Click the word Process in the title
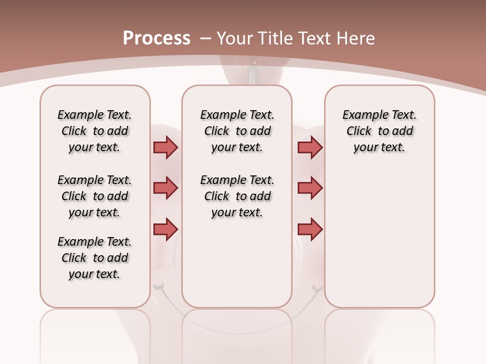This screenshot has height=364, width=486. click(156, 38)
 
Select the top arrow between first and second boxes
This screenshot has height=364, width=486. click(166, 148)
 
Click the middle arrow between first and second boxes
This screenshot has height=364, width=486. click(166, 188)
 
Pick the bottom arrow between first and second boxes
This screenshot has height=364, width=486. click(166, 229)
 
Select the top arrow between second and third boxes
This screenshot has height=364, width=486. click(310, 148)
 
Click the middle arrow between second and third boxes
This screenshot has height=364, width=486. click(310, 188)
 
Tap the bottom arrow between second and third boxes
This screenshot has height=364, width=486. click(310, 229)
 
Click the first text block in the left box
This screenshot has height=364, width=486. click(95, 131)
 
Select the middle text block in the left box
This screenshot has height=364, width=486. click(95, 196)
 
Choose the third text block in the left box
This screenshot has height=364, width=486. click(95, 258)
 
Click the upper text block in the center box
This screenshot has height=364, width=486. click(237, 131)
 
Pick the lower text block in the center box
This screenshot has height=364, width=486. click(237, 196)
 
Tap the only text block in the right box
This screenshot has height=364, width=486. click(379, 131)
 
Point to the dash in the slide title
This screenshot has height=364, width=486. click(206, 38)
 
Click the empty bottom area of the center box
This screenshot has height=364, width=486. click(237, 268)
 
